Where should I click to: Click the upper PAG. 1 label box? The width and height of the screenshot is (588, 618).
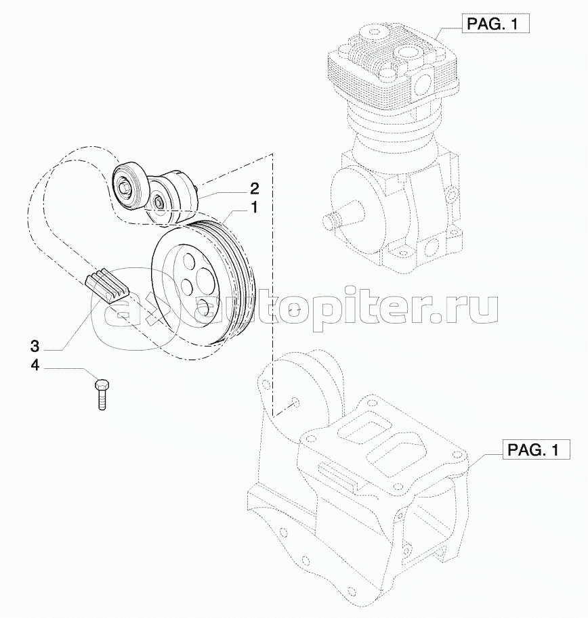(x=495, y=24)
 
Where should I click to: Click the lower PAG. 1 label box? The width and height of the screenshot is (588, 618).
(x=536, y=449)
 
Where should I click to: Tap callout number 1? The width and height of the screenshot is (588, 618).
(x=254, y=207)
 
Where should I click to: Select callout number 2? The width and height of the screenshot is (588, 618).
(x=254, y=189)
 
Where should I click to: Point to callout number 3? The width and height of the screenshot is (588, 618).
(x=35, y=347)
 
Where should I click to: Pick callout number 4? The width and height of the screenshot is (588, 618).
(x=35, y=366)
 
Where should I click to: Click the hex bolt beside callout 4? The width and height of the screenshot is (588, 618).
(x=102, y=394)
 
